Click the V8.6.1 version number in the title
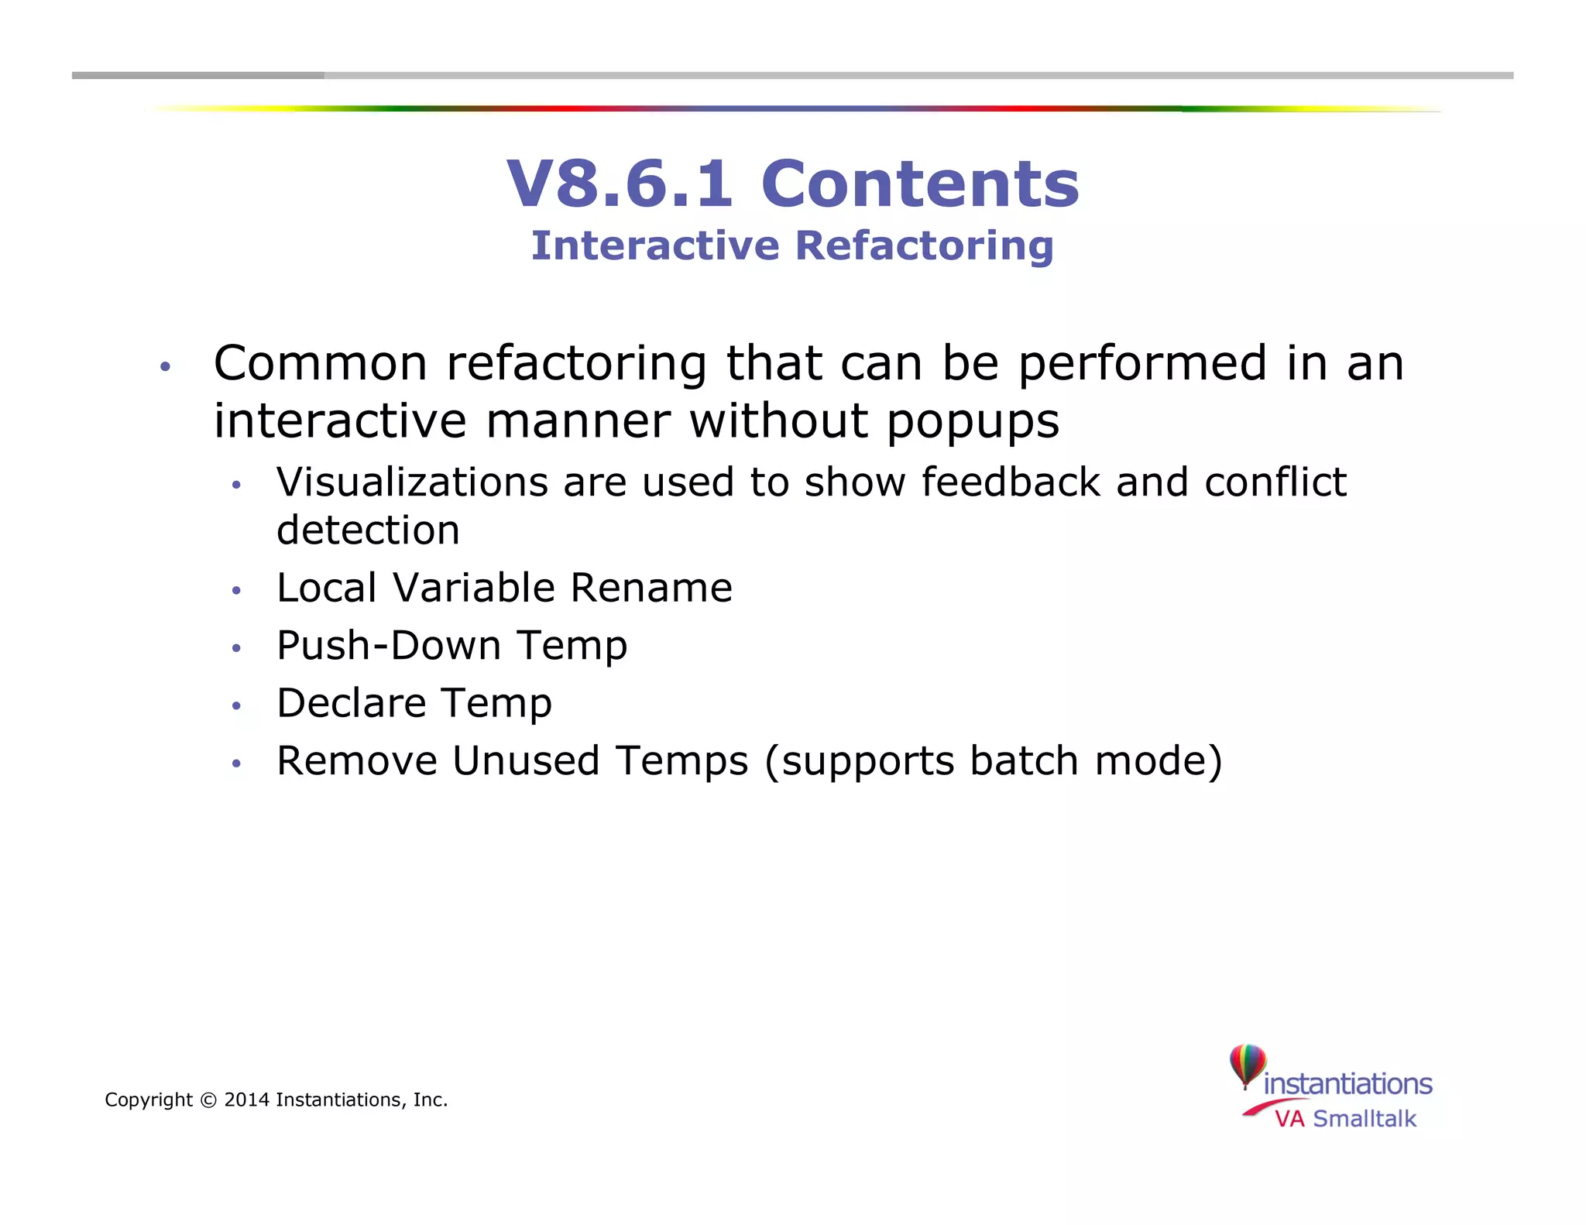pyautogui.click(x=620, y=184)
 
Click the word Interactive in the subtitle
pyautogui.click(x=655, y=246)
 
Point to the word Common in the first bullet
pyautogui.click(x=320, y=363)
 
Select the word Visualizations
pyautogui.click(x=412, y=482)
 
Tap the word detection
pyautogui.click(x=368, y=530)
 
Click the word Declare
pyautogui.click(x=351, y=703)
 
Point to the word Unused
pyautogui.click(x=526, y=760)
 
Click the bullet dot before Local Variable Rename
pyautogui.click(x=237, y=591)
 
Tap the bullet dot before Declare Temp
pyautogui.click(x=237, y=705)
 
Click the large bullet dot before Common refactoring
pyautogui.click(x=164, y=366)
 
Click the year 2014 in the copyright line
pyautogui.click(x=246, y=1100)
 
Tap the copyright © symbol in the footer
pyautogui.click(x=208, y=1100)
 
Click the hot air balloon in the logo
pyautogui.click(x=1247, y=1065)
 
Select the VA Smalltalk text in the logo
pyautogui.click(x=1345, y=1119)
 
